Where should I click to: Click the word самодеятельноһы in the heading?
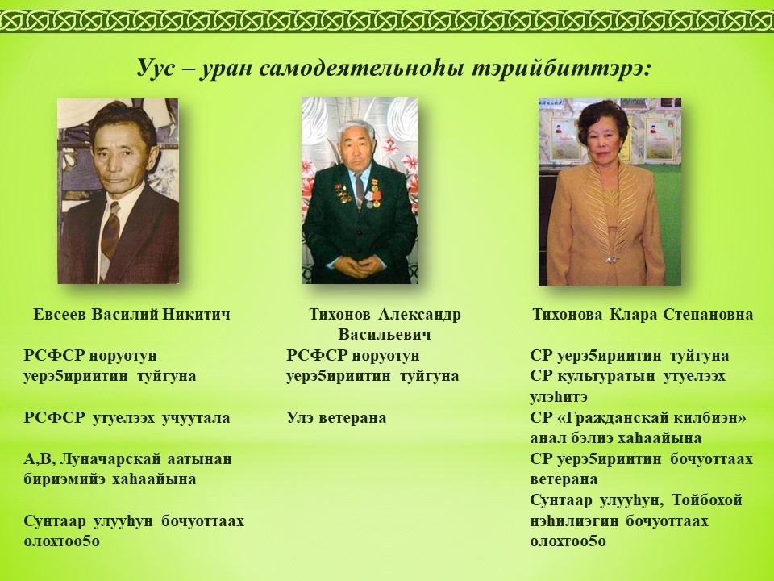pyautogui.click(x=360, y=68)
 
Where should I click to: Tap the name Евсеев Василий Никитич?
pyautogui.click(x=131, y=314)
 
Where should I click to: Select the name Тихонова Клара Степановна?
pyautogui.click(x=643, y=314)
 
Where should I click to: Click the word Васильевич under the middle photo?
pyautogui.click(x=385, y=334)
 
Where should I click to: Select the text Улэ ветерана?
pyautogui.click(x=337, y=417)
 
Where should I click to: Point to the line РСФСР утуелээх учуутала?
pyautogui.click(x=127, y=417)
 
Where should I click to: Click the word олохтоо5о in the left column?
pyautogui.click(x=62, y=541)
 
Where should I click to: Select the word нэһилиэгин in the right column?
pyautogui.click(x=573, y=520)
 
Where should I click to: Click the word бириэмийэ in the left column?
pyautogui.click(x=64, y=479)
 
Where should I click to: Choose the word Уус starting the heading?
pyautogui.click(x=156, y=68)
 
